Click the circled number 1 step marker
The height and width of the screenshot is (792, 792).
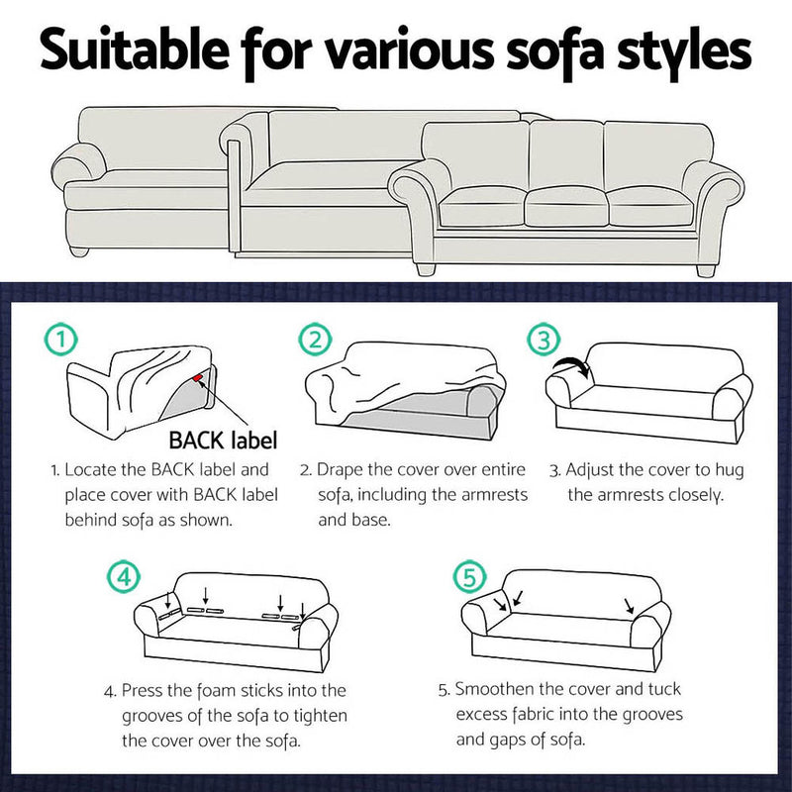coord(61,341)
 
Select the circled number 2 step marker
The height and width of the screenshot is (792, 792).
coord(314,340)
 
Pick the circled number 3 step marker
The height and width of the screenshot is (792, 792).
coord(544,340)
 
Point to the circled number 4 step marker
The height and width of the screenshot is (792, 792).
coord(120,575)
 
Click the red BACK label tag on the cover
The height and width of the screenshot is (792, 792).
coord(201,378)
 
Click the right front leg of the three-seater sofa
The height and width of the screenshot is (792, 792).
coord(705,267)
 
